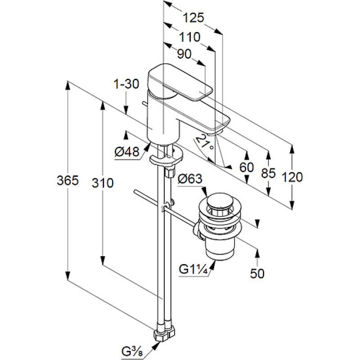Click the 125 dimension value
(194, 18)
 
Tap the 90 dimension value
(184, 54)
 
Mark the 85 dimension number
(268, 174)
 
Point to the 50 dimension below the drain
(257, 273)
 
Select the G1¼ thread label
(194, 270)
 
